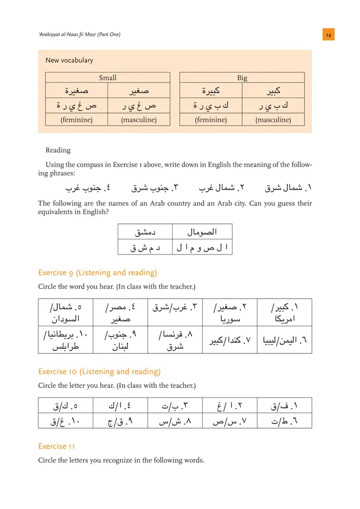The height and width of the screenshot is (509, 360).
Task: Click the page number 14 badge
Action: click(328, 35)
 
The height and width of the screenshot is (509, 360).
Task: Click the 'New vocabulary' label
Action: click(69, 61)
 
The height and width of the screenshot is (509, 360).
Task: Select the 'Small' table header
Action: click(108, 78)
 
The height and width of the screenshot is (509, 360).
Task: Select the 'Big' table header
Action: click(242, 78)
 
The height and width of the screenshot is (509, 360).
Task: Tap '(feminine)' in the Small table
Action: click(76, 120)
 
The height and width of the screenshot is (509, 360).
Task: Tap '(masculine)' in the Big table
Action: click(273, 120)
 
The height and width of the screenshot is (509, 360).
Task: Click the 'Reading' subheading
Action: click(58, 150)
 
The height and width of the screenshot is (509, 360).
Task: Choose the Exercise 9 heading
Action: click(97, 273)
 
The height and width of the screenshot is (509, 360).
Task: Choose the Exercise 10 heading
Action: click(99, 372)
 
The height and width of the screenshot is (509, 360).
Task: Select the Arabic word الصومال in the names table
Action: click(202, 231)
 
